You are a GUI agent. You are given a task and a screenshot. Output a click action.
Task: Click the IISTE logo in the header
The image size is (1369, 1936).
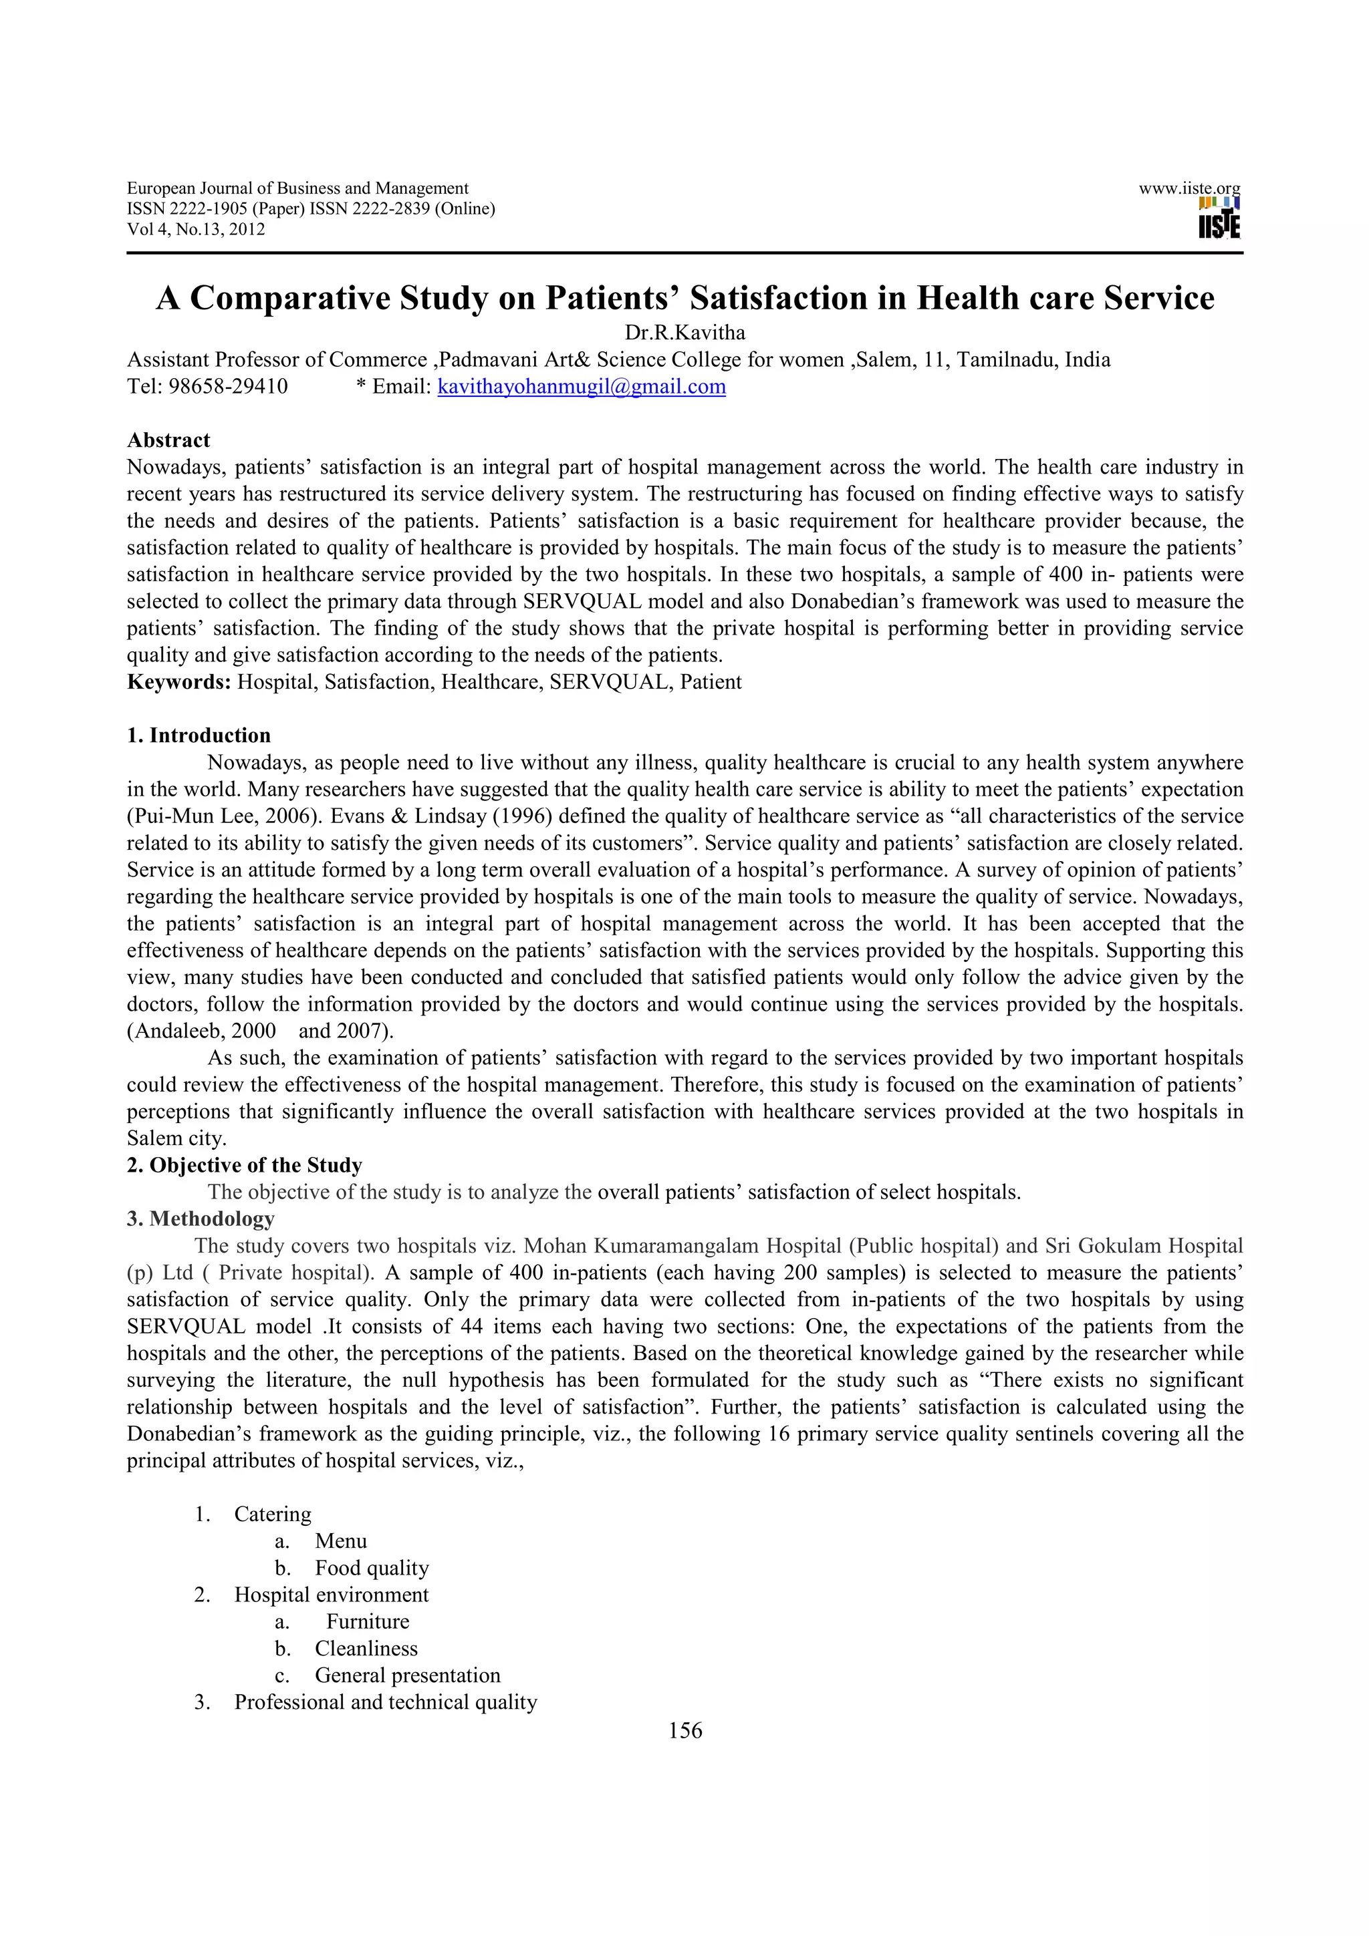pos(1218,218)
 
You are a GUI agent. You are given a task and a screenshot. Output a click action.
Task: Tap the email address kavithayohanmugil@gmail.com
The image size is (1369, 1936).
pos(581,387)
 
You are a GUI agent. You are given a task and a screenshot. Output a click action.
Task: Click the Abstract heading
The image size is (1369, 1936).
pos(168,440)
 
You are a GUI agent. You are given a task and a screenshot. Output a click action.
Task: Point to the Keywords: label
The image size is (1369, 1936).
pos(179,682)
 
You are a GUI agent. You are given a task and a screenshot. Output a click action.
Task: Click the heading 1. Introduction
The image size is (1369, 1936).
pos(199,736)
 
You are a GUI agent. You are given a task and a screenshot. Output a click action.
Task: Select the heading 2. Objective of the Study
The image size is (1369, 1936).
pos(244,1165)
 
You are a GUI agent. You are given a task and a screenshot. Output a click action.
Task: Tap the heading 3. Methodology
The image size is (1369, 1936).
pos(200,1219)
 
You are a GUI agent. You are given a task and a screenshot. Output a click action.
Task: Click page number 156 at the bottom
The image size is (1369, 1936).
pos(684,1731)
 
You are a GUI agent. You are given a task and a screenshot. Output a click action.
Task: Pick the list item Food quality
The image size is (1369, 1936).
pos(371,1569)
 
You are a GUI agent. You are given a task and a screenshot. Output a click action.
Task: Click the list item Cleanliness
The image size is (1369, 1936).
pos(366,1649)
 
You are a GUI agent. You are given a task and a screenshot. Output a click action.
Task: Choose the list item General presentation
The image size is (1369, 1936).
pos(407,1675)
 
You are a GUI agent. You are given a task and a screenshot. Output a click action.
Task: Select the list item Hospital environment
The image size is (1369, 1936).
pos(331,1595)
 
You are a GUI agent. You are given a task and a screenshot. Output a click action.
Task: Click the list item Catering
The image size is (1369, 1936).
pos(273,1514)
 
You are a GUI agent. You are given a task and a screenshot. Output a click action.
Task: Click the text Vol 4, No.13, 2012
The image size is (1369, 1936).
pos(196,229)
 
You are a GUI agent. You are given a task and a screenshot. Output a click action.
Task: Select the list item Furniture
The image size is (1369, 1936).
pos(368,1621)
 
